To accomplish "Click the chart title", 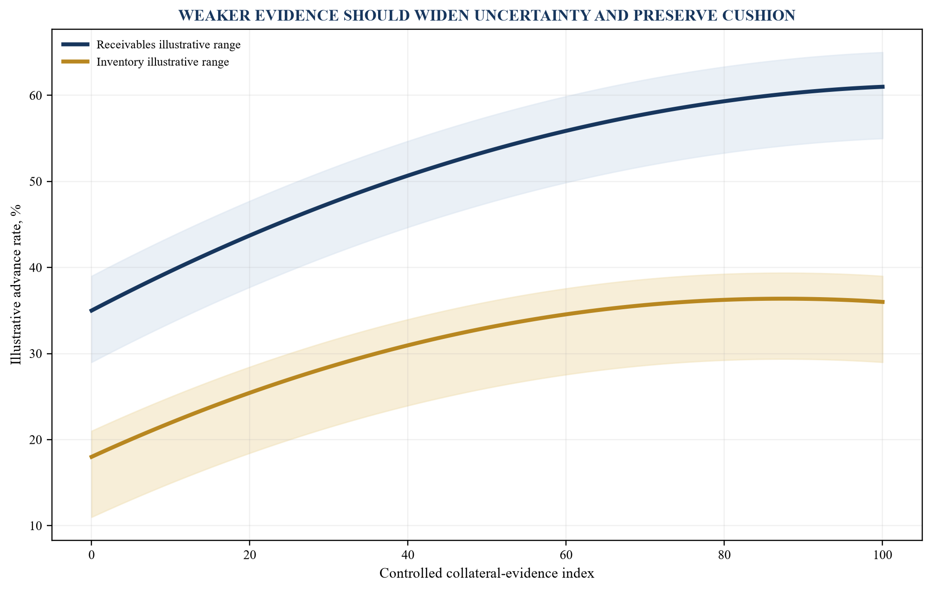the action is click(x=487, y=16).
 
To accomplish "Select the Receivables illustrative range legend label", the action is click(x=168, y=45).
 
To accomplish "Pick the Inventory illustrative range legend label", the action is click(x=163, y=62).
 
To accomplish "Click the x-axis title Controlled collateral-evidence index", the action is click(x=487, y=574).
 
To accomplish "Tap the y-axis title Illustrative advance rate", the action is click(x=16, y=285).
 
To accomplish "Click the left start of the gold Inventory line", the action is click(x=90, y=458).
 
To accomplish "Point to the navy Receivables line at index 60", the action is click(x=566, y=130).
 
